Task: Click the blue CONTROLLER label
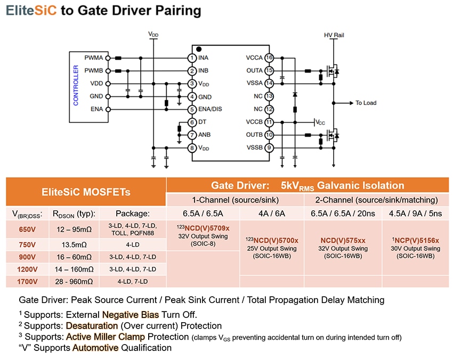pos(76,85)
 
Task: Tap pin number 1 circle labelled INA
pos(191,58)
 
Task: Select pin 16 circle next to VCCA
pos(270,58)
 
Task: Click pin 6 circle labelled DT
pos(191,122)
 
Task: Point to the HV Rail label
pos(334,35)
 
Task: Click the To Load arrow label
pos(366,103)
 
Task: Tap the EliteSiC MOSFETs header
pos(86,192)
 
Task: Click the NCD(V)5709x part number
pos(203,228)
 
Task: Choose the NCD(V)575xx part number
pos(342,240)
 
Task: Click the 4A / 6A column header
pos(272,214)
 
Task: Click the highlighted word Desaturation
pos(92,325)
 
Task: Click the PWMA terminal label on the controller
pos(94,58)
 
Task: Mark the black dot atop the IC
pos(199,49)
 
